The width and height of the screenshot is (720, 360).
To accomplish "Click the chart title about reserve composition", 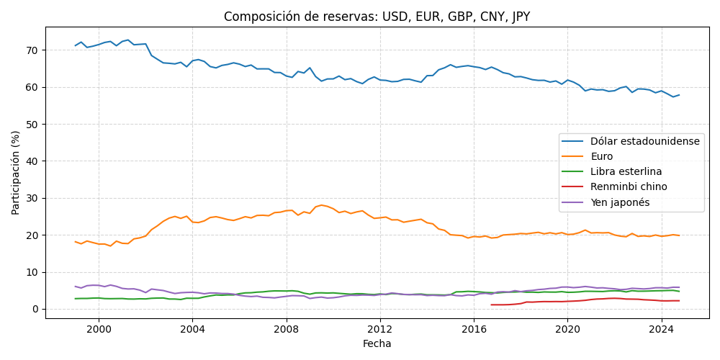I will [377, 17].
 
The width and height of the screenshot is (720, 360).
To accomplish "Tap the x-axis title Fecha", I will [377, 343].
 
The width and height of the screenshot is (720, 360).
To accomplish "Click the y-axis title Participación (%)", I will [16, 173].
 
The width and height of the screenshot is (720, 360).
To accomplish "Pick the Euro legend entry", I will [601, 156].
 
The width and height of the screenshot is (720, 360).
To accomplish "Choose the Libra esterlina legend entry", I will [626, 171].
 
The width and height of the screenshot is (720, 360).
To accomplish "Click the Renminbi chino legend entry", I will [629, 186].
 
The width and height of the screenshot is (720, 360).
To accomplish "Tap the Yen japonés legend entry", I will [620, 202].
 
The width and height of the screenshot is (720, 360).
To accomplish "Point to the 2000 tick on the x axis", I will [99, 328].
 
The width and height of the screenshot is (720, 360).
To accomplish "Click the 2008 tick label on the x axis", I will [287, 328].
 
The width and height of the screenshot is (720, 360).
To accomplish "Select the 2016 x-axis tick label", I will [474, 328].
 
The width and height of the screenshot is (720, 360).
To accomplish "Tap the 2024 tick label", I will [662, 328].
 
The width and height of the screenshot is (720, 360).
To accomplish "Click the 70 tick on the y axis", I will [32, 50].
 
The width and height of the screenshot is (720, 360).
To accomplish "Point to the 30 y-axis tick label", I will [32, 198].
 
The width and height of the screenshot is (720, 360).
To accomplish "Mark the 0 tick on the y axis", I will [35, 309].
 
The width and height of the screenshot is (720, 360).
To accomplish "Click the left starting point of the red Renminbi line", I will [491, 305].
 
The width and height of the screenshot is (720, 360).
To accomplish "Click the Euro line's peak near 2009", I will [321, 205].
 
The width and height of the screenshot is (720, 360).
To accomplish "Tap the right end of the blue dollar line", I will [679, 95].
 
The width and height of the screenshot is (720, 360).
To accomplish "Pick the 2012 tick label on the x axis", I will [380, 328].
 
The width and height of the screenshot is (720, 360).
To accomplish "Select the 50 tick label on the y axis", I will [32, 125].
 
